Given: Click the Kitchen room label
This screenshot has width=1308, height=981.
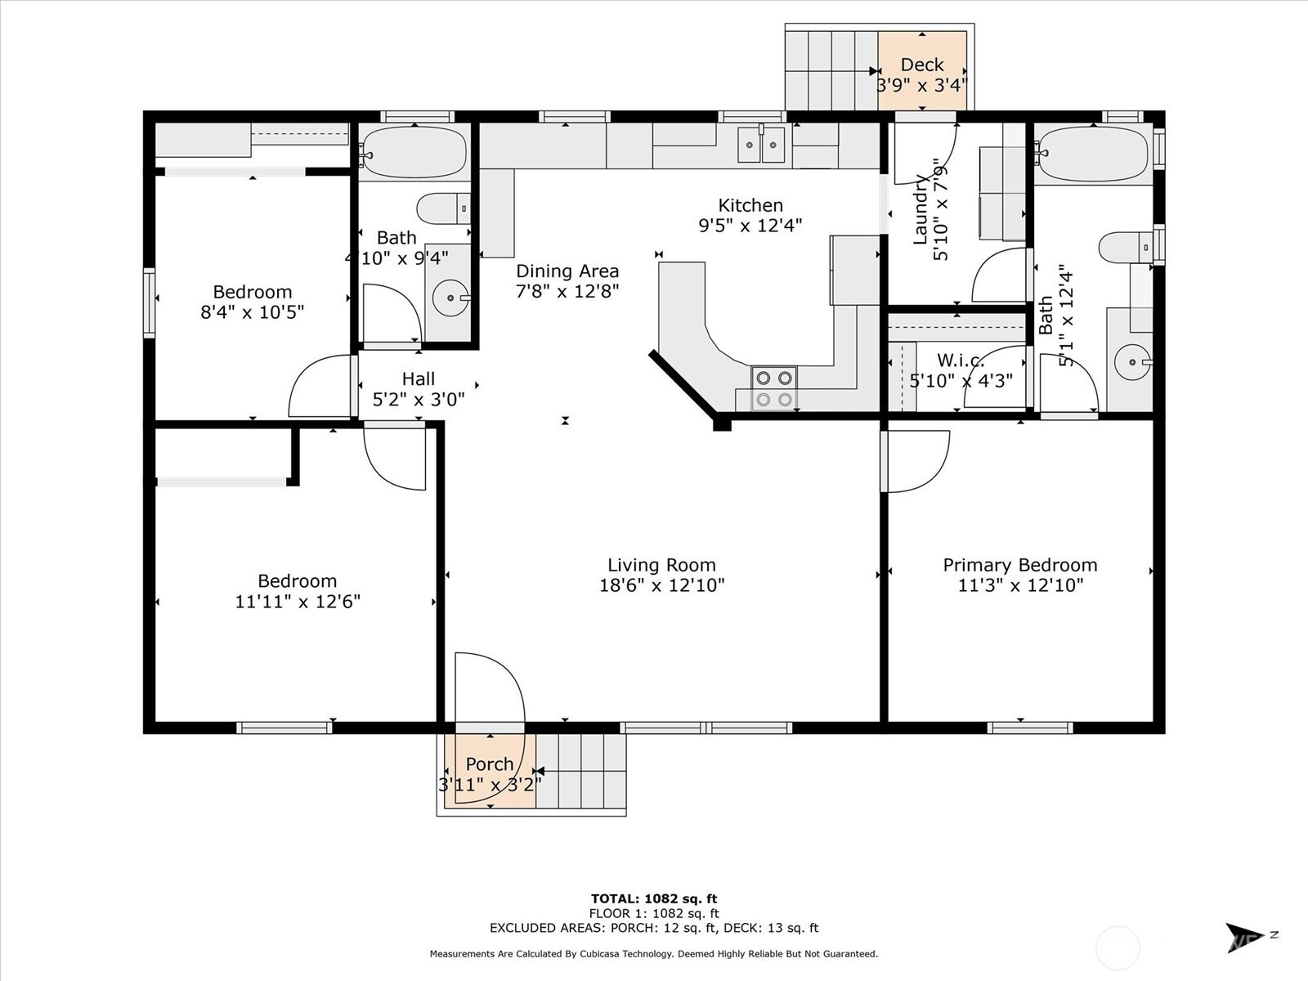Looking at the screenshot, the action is pos(750,205).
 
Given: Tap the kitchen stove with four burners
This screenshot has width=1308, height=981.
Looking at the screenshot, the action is pos(774,388).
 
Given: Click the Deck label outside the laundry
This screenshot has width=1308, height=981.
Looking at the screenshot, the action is pos(922,65).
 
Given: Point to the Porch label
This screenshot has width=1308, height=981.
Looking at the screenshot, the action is pos(489,764).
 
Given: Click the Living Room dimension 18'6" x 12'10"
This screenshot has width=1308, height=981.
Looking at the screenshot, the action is pos(661,585).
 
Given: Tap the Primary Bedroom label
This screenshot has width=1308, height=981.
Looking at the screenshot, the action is pos(1019,565).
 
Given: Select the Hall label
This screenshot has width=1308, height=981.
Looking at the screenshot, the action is pos(419,379).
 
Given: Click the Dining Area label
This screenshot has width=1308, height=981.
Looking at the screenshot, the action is pos(567,271).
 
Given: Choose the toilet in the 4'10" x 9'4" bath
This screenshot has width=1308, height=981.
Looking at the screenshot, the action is pos(443,208).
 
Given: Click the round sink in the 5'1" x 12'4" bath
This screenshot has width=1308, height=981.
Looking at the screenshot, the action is pos(1133,361).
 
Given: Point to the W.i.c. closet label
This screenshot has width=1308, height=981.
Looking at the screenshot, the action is pos(961,361).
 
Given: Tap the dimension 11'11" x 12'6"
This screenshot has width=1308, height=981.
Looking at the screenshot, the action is pos(298,602).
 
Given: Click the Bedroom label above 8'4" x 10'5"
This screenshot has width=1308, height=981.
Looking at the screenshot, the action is pos(252,292).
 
